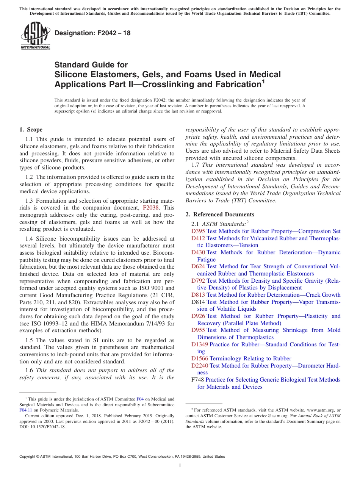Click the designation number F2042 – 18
click(92, 33)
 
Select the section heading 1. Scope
click(31, 130)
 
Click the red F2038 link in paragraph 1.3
click(150, 208)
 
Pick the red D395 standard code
click(198, 231)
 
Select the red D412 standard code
click(198, 238)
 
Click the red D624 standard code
click(198, 266)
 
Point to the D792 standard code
click(198, 281)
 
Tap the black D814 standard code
click(198, 302)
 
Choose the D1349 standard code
click(200, 344)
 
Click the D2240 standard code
click(200, 366)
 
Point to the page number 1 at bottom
click(180, 465)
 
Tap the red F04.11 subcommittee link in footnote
click(25, 410)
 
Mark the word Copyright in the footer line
click(28, 457)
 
